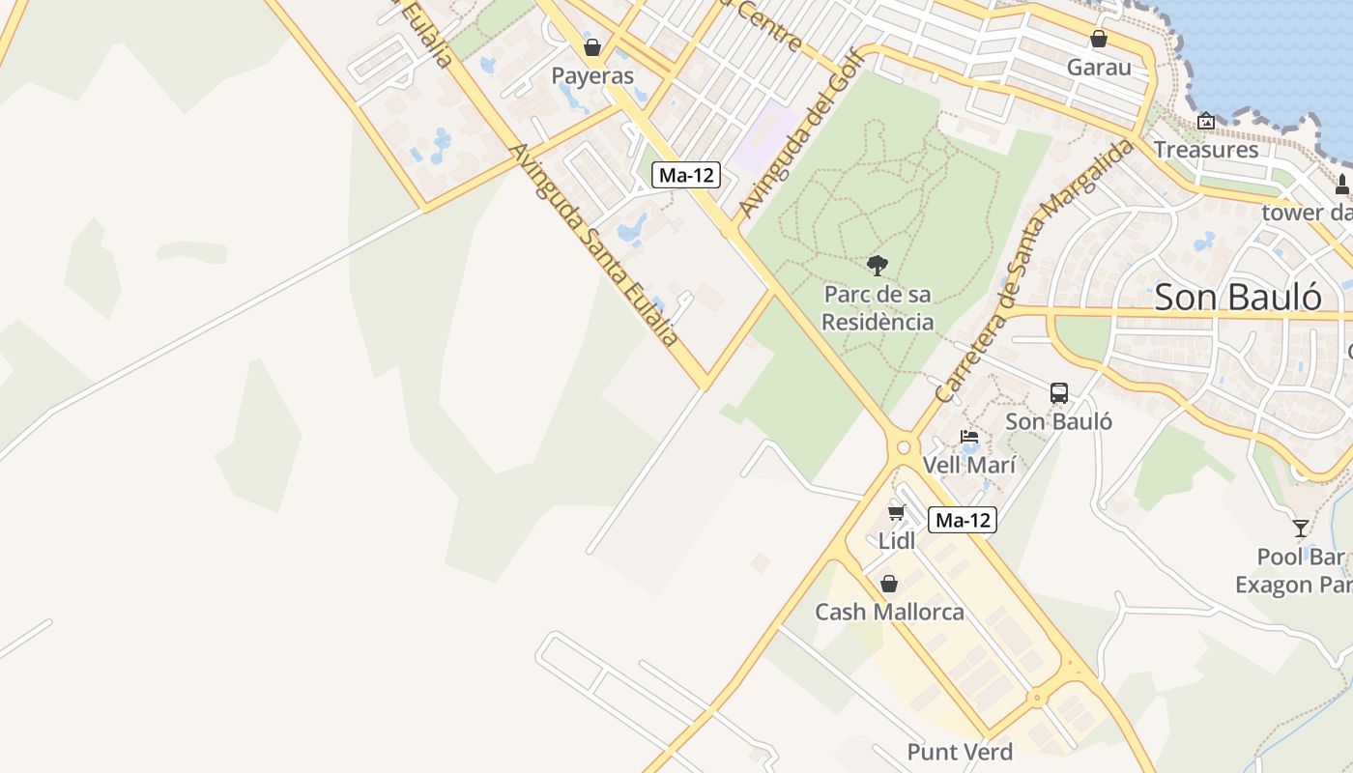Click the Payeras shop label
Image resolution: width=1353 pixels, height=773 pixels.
[592, 75]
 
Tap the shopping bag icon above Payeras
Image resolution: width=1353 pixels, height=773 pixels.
[592, 46]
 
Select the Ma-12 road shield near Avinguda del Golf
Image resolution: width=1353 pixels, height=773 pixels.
[687, 175]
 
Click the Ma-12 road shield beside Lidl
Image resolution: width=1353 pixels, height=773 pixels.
[963, 520]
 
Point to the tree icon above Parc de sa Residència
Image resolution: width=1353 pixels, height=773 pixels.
[878, 265]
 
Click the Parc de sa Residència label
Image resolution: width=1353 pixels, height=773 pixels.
[878, 308]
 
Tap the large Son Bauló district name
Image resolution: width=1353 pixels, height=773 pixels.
[1238, 297]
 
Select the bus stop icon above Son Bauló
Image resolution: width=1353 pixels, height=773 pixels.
[1059, 393]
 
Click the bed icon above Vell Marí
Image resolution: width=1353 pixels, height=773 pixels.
[969, 437]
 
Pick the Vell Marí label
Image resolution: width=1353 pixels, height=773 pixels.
[969, 465]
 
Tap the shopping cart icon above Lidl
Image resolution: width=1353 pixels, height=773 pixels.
[897, 511]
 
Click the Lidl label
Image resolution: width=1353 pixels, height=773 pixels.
[897, 541]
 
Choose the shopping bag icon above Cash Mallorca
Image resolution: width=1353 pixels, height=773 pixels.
[889, 584]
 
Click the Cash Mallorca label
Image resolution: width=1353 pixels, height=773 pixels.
[889, 612]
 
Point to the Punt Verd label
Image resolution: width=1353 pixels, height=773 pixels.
[960, 752]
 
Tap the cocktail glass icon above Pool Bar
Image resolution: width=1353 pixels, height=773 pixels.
[1301, 529]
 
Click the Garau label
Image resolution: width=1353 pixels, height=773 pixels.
[1099, 68]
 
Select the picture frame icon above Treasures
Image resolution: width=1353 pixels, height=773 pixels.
[1206, 122]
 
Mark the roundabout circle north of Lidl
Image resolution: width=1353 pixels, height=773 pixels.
[905, 447]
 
